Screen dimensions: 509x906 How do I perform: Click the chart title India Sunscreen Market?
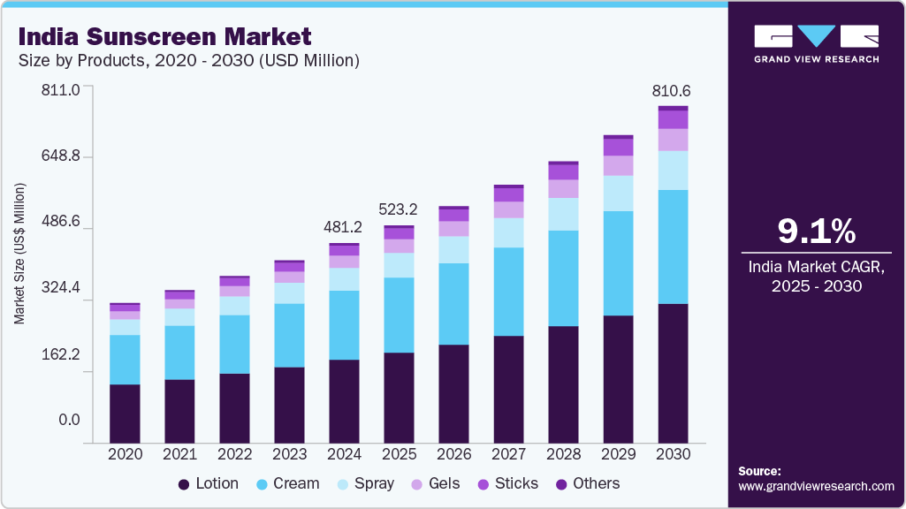pyautogui.click(x=164, y=37)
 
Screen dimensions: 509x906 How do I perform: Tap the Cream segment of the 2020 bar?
pyautogui.click(x=125, y=360)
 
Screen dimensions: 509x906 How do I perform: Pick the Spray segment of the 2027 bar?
pyautogui.click(x=509, y=232)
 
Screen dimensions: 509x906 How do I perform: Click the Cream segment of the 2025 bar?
pyautogui.click(x=399, y=315)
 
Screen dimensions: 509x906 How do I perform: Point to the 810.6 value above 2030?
pyautogui.click(x=672, y=90)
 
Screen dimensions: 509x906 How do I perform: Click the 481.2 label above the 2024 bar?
pyautogui.click(x=344, y=227)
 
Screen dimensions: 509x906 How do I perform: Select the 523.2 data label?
pyautogui.click(x=399, y=209)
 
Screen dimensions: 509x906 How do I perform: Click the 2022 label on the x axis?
pyautogui.click(x=235, y=454)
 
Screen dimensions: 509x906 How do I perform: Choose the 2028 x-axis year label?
pyautogui.click(x=564, y=454)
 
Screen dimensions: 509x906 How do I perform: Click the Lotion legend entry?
pyautogui.click(x=209, y=483)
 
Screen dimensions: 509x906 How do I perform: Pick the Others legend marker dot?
pyautogui.click(x=561, y=484)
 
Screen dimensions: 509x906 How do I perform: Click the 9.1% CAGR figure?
pyautogui.click(x=817, y=232)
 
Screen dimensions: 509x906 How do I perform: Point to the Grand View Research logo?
pyautogui.click(x=816, y=42)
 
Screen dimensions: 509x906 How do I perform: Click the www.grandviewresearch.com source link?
pyautogui.click(x=816, y=486)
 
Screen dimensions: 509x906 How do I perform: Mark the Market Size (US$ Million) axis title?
pyautogui.click(x=19, y=254)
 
